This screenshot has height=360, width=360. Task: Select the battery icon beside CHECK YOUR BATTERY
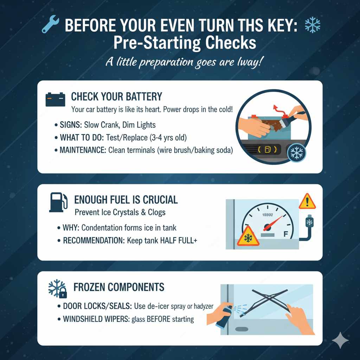56,99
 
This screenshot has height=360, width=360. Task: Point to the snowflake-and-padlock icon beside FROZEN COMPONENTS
57,289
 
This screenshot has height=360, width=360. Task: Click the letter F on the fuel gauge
285,233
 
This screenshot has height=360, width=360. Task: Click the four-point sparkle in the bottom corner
340,340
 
